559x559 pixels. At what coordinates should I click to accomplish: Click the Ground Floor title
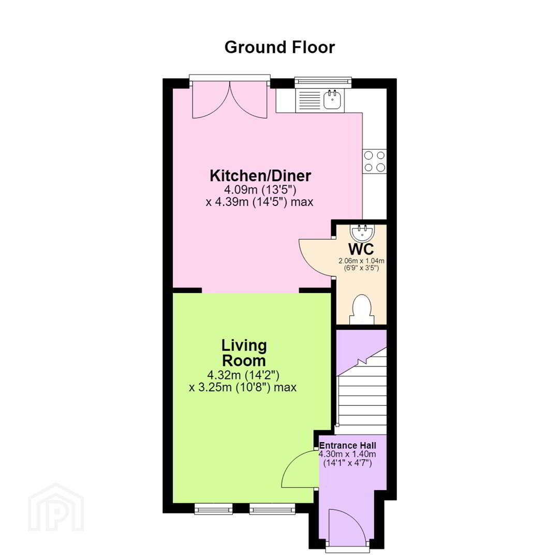[x=279, y=48]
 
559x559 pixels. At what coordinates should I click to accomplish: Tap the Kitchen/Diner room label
[x=260, y=175]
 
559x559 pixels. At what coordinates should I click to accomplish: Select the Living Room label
[x=244, y=352]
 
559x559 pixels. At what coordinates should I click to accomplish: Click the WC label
[x=361, y=248]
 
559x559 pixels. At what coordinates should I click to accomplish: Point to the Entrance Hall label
[x=348, y=445]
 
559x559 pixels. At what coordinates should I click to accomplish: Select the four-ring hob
[x=374, y=161]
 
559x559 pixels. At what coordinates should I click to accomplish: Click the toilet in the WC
[x=362, y=309]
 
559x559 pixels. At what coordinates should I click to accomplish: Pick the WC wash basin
[x=362, y=232]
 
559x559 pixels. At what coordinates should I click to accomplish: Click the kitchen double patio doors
[x=230, y=100]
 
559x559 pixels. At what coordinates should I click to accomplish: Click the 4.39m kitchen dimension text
[x=259, y=202]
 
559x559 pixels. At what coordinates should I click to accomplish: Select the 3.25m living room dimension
[x=242, y=387]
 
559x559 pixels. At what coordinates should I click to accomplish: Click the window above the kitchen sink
[x=323, y=82]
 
